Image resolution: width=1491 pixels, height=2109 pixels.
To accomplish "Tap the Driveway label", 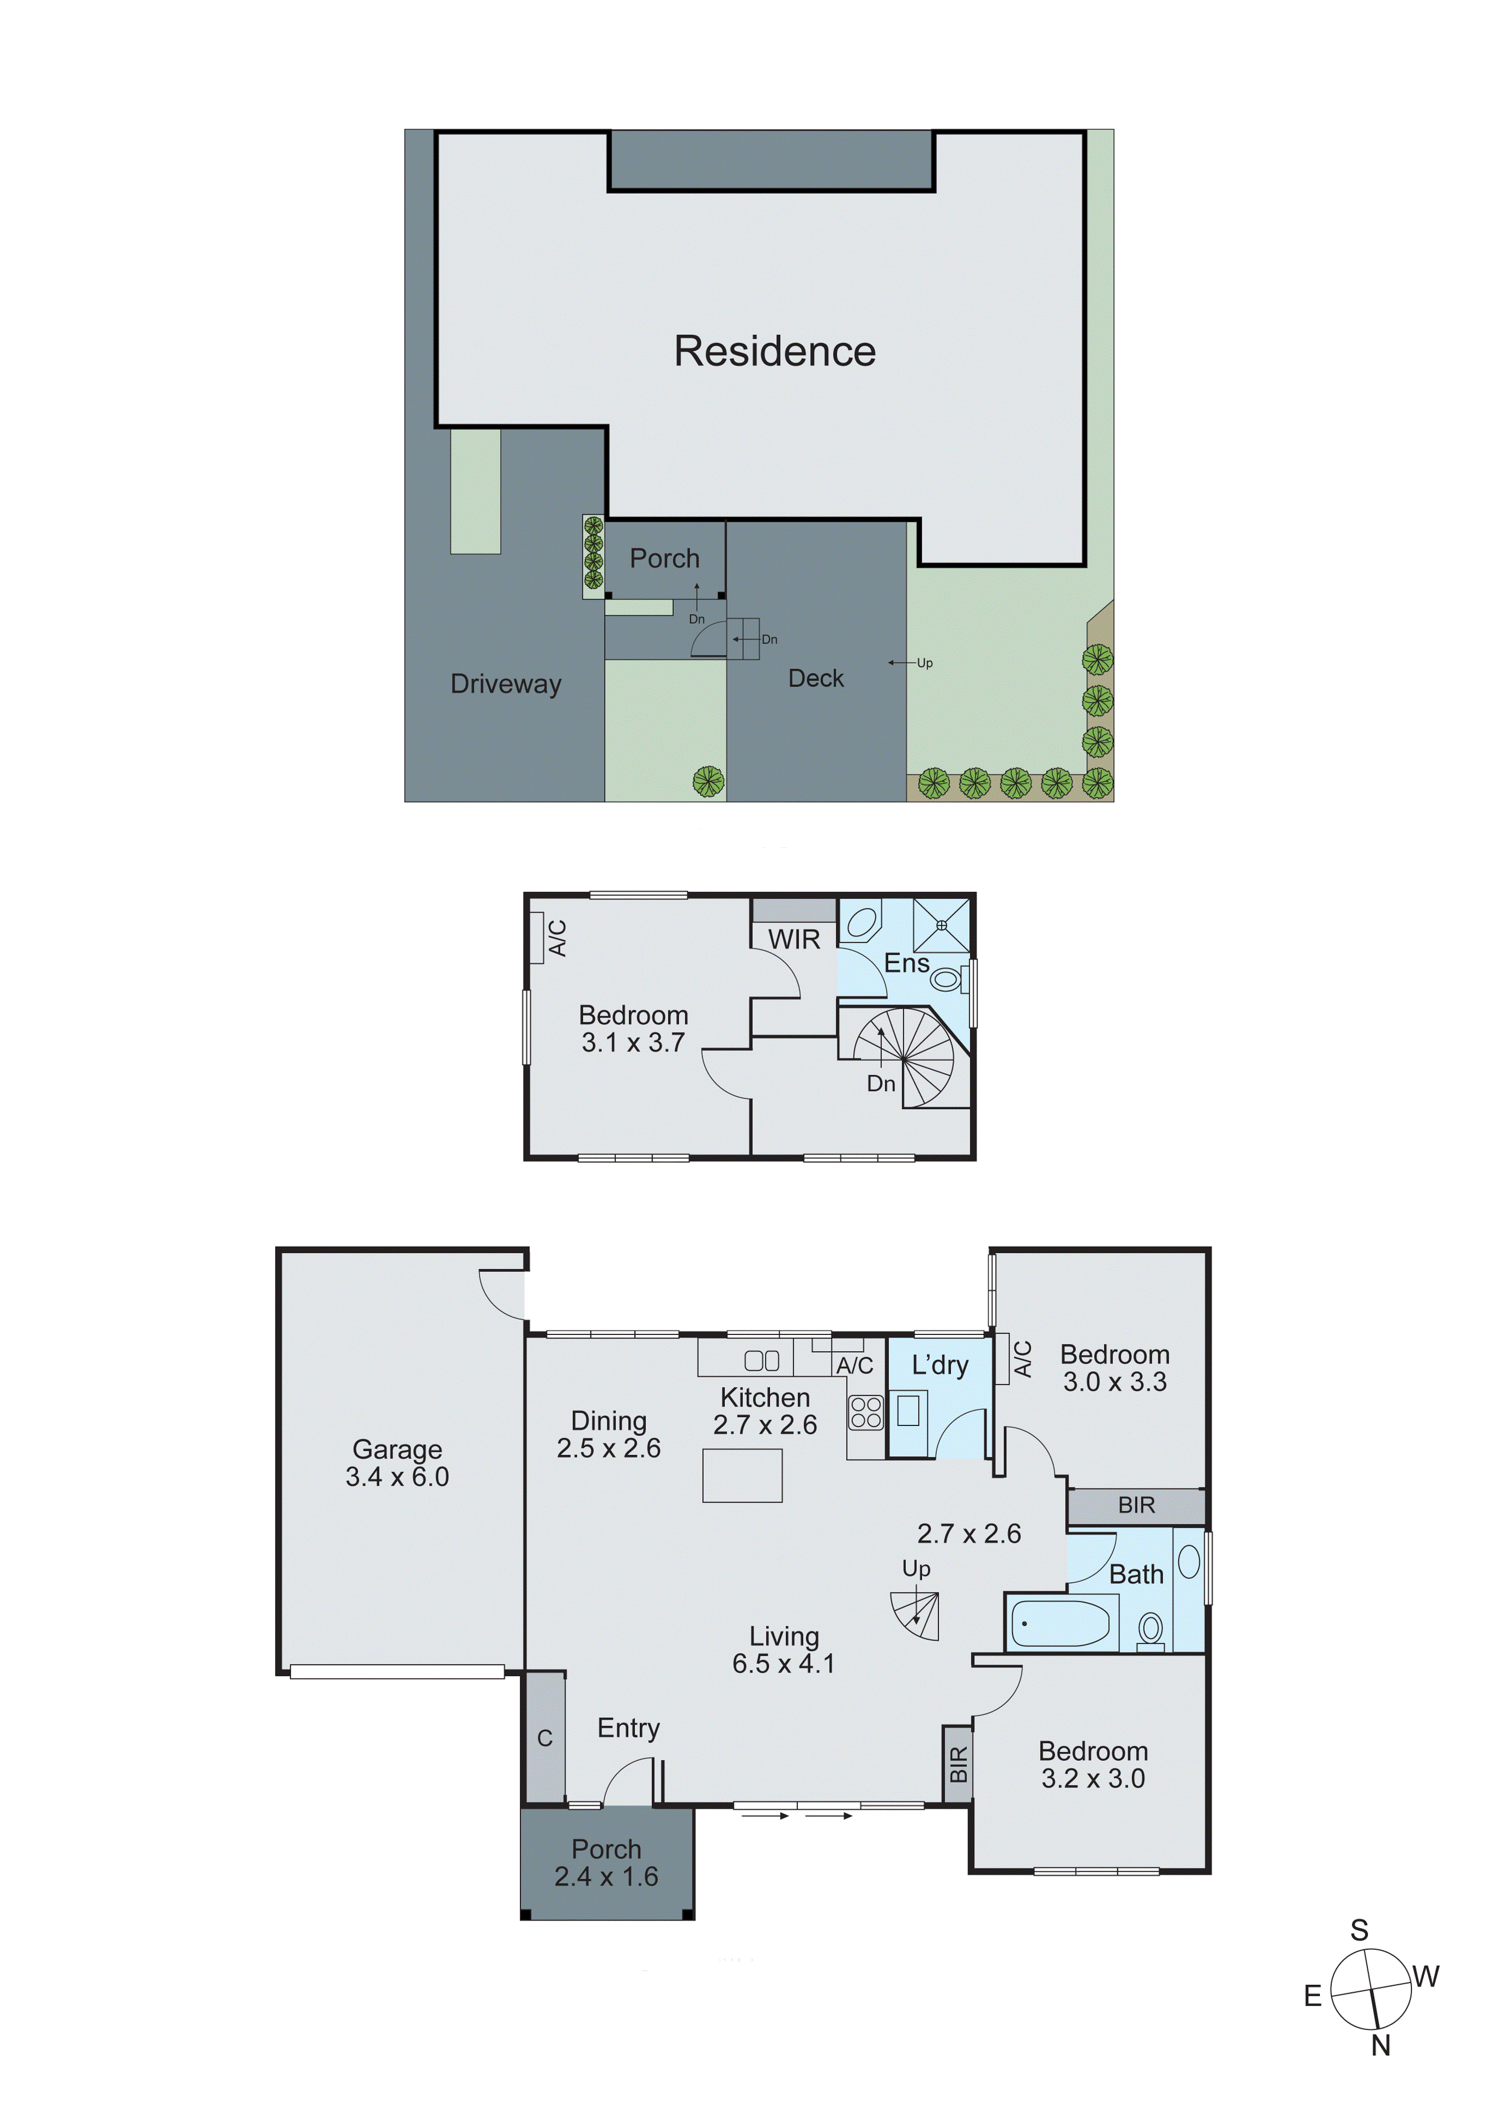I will [x=506, y=684].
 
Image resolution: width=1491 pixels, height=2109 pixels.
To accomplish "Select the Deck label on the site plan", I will [x=815, y=678].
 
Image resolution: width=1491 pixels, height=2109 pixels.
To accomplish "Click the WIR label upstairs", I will [x=794, y=940].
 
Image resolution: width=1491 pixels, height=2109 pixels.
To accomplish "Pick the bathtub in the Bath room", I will [x=1061, y=1623].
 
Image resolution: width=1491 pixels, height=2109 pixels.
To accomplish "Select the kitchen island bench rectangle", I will [x=742, y=1475].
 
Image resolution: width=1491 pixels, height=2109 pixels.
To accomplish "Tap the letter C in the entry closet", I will [x=544, y=1738].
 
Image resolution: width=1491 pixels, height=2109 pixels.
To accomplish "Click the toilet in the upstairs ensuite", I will [x=946, y=979].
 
